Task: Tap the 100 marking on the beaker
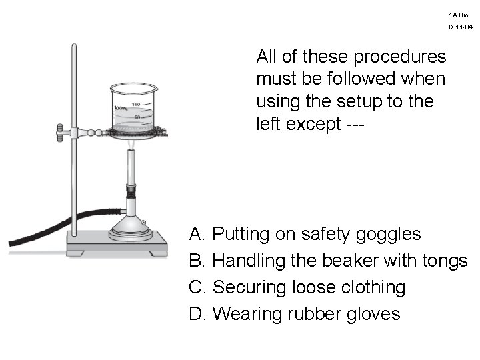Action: tap(136, 104)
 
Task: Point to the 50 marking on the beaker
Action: tap(138, 117)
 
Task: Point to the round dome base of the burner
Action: tap(131, 227)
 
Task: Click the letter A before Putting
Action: tap(196, 234)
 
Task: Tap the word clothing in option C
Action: tap(373, 287)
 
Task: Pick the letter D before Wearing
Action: tap(196, 313)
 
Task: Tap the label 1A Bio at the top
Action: tap(459, 15)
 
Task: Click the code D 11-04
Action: tap(460, 27)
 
